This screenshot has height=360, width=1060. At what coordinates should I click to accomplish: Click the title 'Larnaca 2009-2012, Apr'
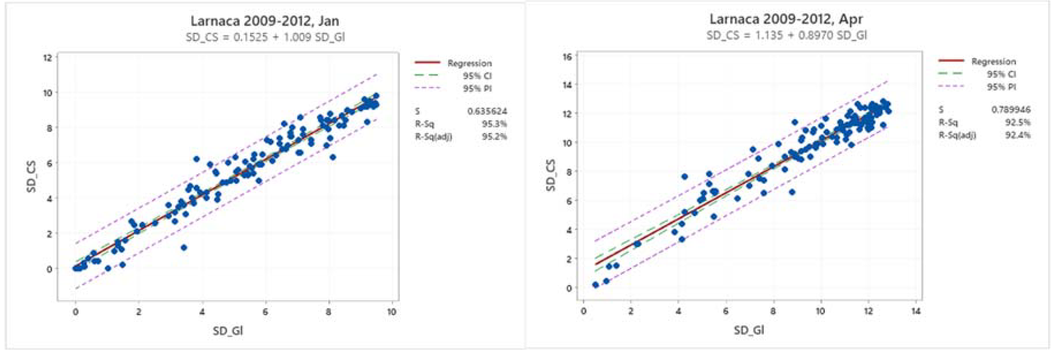(x=786, y=19)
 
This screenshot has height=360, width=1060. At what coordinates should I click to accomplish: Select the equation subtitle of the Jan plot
(x=265, y=37)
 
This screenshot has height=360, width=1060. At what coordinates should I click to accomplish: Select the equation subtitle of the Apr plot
(x=786, y=35)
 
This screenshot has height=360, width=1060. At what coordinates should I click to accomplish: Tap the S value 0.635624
(x=487, y=111)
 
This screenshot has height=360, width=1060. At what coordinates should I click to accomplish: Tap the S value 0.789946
(x=1010, y=109)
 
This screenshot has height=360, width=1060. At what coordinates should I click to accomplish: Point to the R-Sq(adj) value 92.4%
(x=1018, y=135)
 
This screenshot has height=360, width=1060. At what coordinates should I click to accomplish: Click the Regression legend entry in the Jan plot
(x=469, y=63)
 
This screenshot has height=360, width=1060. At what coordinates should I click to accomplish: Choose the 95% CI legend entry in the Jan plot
(x=477, y=76)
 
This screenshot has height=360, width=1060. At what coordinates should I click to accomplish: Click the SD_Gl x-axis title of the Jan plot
(x=227, y=330)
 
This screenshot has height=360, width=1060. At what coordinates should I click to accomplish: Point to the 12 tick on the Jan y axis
(x=48, y=58)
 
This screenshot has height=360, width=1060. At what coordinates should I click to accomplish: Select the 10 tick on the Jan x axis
(x=391, y=312)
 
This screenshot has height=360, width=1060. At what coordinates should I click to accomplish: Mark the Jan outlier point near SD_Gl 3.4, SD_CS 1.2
(x=184, y=247)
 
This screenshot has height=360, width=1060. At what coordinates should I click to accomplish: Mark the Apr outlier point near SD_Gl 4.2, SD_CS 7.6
(x=684, y=176)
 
